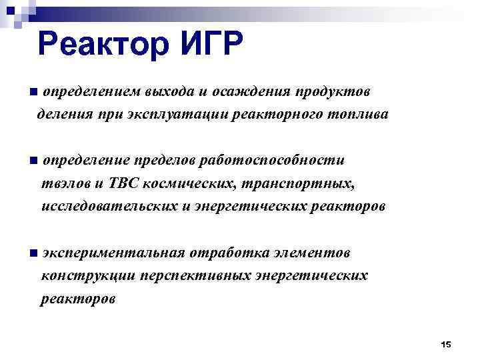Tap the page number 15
coord(446,344)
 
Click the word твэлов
coord(63,183)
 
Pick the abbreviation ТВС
coord(119,183)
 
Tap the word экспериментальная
coord(113,253)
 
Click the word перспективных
coord(193,275)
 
